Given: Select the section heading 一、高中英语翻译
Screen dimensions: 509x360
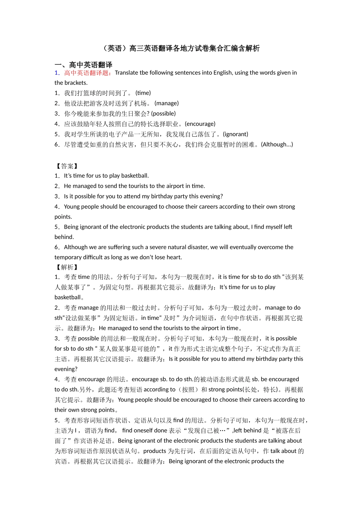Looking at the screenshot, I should [83, 65].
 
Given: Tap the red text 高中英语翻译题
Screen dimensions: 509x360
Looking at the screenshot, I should [87, 73].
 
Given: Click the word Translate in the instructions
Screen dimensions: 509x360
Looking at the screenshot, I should [126, 73].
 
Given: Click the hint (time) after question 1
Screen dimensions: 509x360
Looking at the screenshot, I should [143, 93].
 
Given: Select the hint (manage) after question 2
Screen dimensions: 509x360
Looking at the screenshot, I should [167, 103].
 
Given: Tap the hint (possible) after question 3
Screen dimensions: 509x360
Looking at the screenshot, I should [163, 114].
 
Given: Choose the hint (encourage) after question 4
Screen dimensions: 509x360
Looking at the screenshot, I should [200, 124].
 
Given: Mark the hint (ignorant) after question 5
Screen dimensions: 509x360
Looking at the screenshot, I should [236, 134].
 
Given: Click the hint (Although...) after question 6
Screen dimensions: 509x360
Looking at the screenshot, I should [277, 144].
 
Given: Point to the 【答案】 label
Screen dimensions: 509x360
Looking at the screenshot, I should [67, 166].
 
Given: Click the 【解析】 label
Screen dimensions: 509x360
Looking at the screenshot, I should [67, 267].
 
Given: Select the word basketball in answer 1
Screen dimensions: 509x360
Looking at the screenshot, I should [135, 176].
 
